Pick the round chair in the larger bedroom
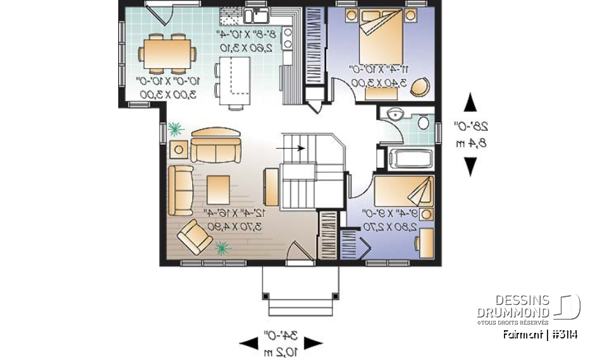coord(419,87)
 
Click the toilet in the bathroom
coord(423,121)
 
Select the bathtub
coord(408,158)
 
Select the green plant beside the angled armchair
coord(221,247)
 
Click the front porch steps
coord(295,307)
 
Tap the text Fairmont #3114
coord(541,335)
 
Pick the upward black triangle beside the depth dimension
coord(469,102)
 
